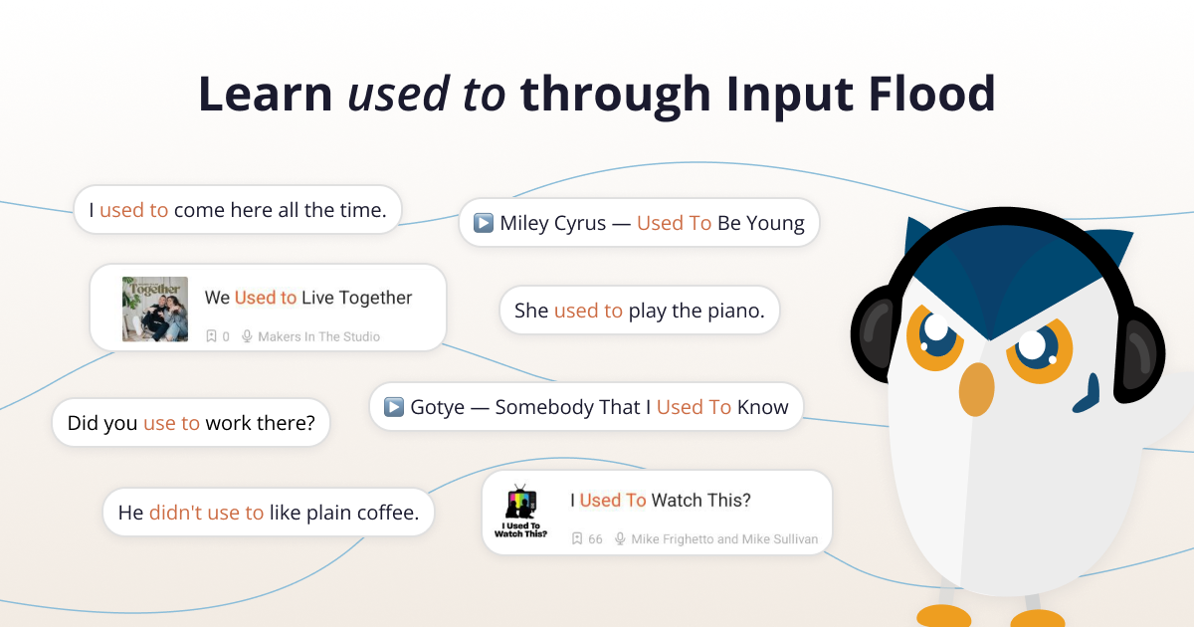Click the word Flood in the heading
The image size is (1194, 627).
click(931, 95)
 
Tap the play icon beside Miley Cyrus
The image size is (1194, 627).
click(484, 223)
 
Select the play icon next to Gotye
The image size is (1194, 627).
click(394, 407)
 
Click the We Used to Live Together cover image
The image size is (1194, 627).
click(155, 310)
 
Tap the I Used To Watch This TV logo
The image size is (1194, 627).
click(520, 512)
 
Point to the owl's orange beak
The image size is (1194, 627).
click(976, 389)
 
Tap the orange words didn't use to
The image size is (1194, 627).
click(206, 513)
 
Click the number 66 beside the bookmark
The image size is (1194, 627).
click(595, 539)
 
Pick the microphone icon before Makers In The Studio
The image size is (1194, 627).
click(247, 336)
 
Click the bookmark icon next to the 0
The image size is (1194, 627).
click(211, 336)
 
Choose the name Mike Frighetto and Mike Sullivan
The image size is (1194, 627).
click(724, 539)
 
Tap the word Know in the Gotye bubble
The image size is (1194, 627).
click(763, 407)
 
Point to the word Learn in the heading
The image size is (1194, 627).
click(266, 95)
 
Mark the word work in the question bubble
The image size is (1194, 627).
click(228, 423)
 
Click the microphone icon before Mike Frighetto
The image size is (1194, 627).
click(620, 539)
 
